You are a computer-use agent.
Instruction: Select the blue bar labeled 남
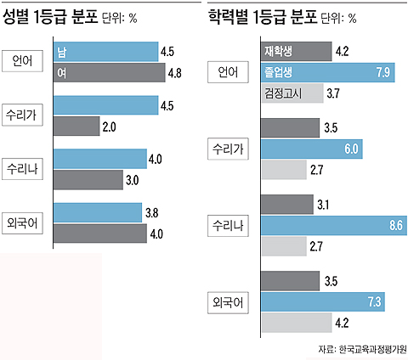pos(105,52)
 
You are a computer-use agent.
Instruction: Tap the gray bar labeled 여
pos(108,74)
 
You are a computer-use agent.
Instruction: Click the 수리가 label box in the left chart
pos(27,116)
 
